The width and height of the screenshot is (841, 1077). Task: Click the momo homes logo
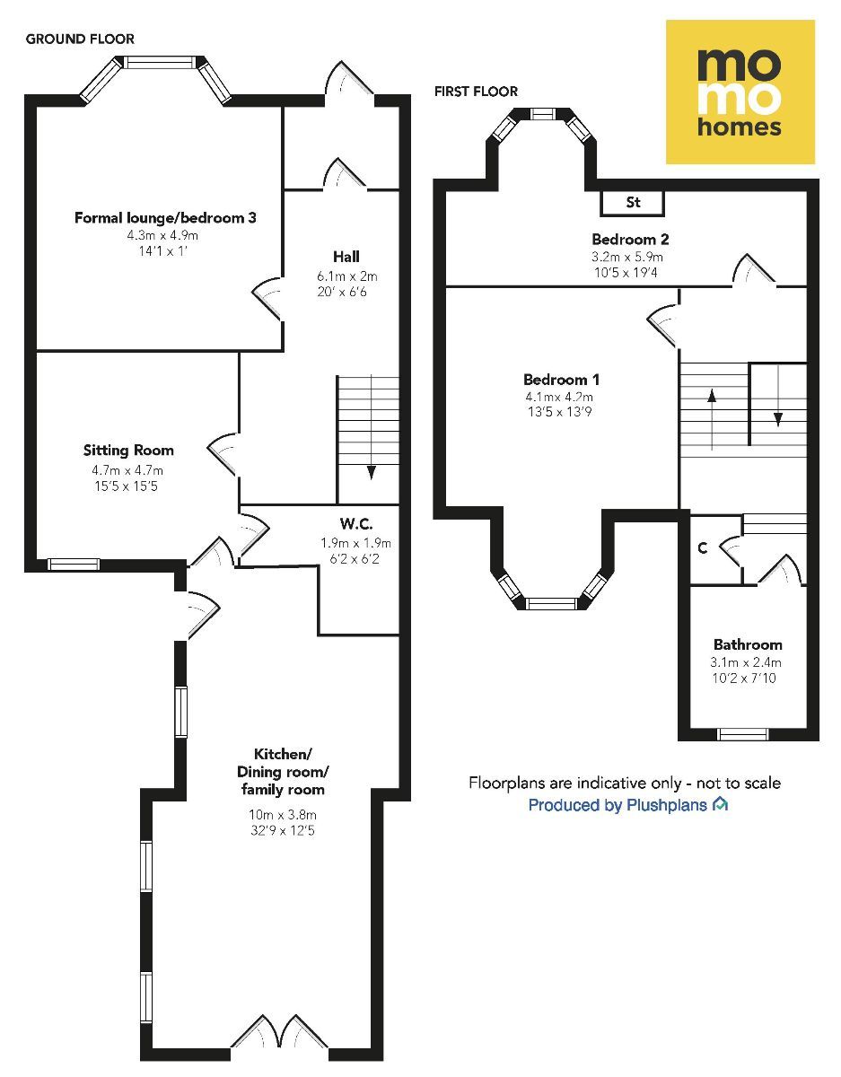click(x=740, y=92)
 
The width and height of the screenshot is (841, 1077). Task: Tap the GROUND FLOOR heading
click(x=80, y=39)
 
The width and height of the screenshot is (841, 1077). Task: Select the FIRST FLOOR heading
click(x=476, y=92)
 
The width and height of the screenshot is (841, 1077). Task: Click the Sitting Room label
click(x=128, y=450)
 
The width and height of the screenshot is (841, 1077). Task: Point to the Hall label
click(x=346, y=257)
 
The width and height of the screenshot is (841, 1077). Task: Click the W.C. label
click(x=356, y=523)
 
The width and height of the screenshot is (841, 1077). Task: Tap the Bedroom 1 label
click(x=561, y=380)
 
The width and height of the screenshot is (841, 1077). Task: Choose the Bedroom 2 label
click(x=630, y=240)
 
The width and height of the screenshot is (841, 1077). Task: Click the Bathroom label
click(x=748, y=644)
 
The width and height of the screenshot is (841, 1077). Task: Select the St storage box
click(x=633, y=203)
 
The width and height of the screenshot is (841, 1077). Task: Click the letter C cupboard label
click(x=702, y=548)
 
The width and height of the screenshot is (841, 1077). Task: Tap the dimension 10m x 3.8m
click(x=283, y=814)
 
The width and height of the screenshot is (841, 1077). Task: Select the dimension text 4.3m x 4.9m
click(x=162, y=235)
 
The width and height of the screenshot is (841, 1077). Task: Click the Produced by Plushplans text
click(x=618, y=804)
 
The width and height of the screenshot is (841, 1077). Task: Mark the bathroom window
click(x=743, y=734)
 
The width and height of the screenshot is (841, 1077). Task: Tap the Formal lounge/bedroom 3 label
click(x=165, y=218)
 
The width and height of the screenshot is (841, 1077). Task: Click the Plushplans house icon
click(x=720, y=803)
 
